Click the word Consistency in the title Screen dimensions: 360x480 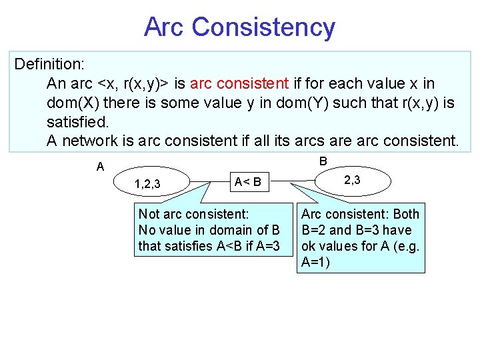point(263,27)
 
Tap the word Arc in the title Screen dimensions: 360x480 point(165,27)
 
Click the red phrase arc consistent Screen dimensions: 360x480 point(239,84)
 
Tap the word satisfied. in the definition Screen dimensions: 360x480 point(77,122)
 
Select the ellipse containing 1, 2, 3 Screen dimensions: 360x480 point(153,183)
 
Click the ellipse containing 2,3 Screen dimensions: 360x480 point(352,179)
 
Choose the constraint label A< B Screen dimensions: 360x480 point(251,181)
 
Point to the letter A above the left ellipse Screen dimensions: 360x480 point(100,167)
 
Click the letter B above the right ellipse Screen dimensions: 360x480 point(323,161)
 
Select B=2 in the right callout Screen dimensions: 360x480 point(317,230)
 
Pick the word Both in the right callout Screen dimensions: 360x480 point(406,214)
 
